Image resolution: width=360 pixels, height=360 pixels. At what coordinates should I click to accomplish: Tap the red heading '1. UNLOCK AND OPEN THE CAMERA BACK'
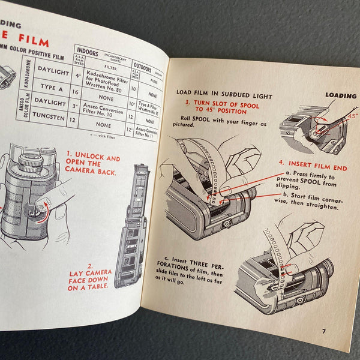[x=94, y=170]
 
